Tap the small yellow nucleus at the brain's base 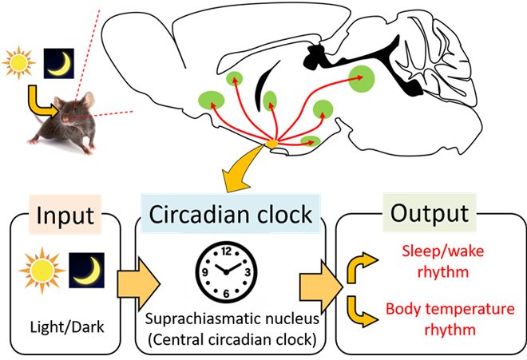click(x=271, y=144)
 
